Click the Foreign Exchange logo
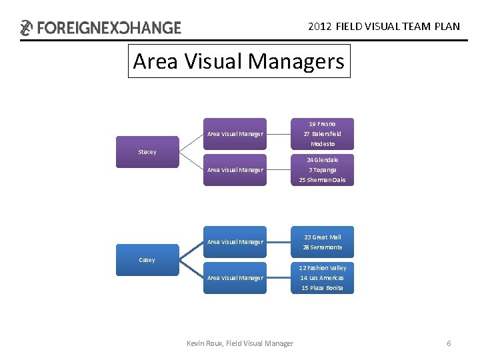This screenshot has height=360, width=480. pos(101,27)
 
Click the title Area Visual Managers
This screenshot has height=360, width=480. pos(239,61)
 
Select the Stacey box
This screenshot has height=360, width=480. pos(147,152)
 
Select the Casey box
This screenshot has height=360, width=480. pos(147,260)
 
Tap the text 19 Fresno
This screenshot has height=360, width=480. pos(322,124)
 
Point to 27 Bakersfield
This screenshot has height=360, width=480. pos(322,134)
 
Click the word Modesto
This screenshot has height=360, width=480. pos(322,144)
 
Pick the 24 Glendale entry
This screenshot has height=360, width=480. pos(323,160)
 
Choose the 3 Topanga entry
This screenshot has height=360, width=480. pos(323,170)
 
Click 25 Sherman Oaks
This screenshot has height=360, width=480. pos(323,180)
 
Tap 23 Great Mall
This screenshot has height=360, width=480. pos(323,237)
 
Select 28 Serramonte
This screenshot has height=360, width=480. pos(323,247)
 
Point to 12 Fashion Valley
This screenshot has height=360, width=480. pos(323,268)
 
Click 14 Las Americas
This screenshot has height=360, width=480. pos(323,278)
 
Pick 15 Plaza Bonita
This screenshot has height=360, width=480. pos(323,288)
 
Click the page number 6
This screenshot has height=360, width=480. pos(449,343)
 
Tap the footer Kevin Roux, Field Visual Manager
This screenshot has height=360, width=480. pos(240,343)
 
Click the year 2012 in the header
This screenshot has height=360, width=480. pos(320,27)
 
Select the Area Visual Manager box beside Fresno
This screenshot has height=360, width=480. pos(235,134)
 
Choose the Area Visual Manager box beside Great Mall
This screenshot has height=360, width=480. pos(235,242)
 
